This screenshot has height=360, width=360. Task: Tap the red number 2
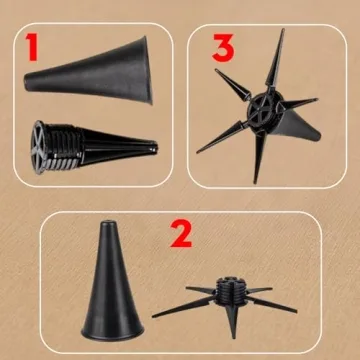[x=181, y=233]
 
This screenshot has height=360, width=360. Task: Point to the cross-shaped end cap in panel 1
[x=38, y=147]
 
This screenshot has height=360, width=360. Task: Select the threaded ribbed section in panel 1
[x=63, y=148]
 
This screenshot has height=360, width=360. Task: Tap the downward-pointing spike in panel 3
[x=258, y=157]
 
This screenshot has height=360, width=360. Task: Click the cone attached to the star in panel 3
[x=297, y=126]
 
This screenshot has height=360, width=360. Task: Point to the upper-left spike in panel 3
[x=232, y=84]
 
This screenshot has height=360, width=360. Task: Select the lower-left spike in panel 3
[x=221, y=137]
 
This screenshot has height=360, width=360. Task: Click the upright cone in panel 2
[x=112, y=282]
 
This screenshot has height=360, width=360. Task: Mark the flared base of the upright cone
[x=113, y=332]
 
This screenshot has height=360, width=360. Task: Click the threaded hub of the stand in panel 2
[x=231, y=291]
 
